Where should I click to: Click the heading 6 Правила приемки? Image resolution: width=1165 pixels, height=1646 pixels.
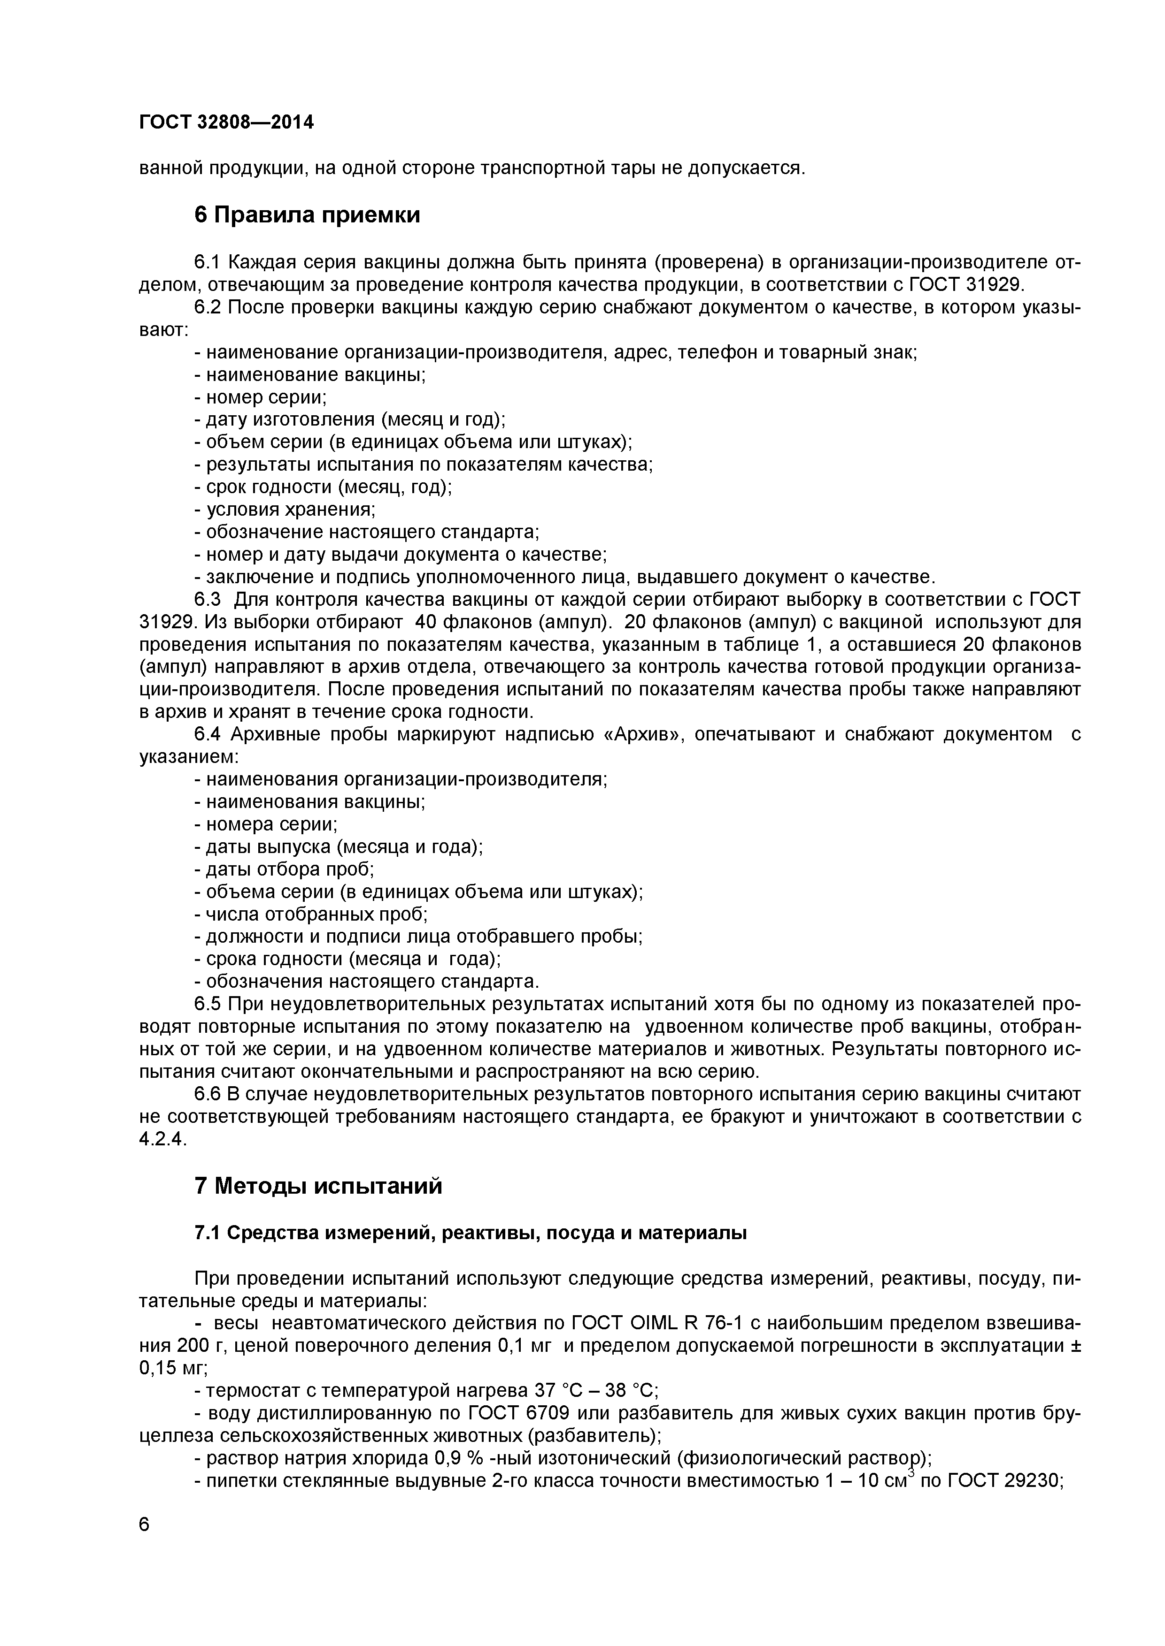307,214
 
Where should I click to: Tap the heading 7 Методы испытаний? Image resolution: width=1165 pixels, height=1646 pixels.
318,1187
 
